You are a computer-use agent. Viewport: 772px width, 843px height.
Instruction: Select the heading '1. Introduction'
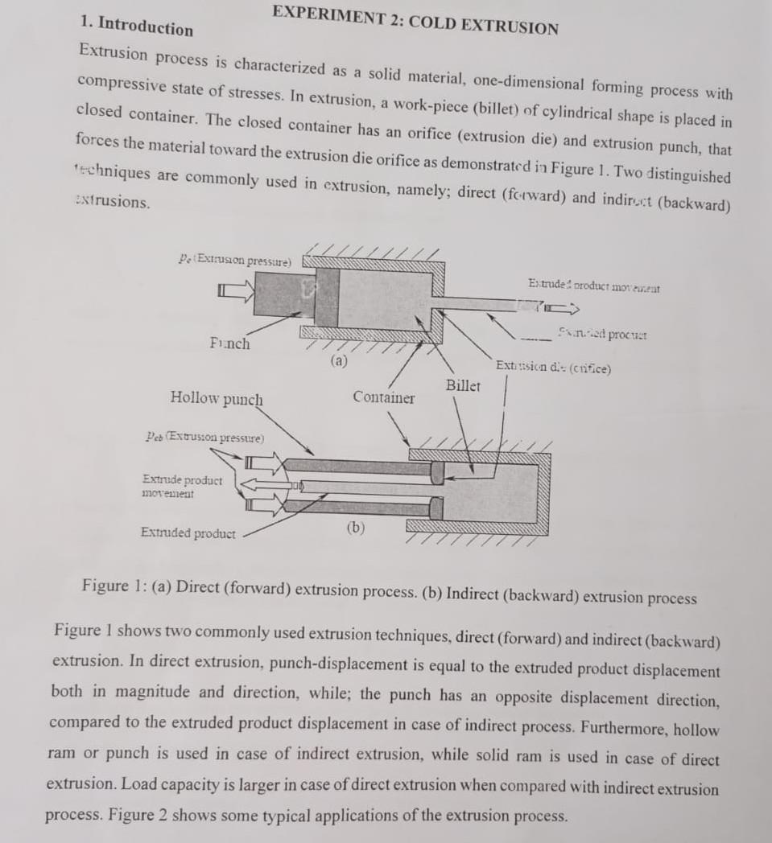click(137, 27)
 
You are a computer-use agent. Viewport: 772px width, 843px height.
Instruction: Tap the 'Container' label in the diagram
click(384, 397)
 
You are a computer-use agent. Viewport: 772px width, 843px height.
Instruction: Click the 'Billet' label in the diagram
click(463, 385)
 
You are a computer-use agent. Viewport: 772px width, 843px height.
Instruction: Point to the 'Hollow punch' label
click(217, 398)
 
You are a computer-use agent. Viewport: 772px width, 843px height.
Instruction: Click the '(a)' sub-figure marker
click(339, 361)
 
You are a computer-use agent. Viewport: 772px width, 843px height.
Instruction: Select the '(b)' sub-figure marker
click(355, 528)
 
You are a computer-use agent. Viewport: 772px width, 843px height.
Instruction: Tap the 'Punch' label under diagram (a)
click(229, 343)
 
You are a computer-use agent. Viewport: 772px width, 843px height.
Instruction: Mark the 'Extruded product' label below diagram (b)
click(188, 533)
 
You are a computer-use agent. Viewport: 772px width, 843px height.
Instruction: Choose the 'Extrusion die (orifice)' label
click(553, 368)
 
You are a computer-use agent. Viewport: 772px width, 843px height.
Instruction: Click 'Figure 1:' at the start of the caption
click(112, 585)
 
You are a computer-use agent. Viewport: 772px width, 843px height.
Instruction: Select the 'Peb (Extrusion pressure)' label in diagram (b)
click(204, 438)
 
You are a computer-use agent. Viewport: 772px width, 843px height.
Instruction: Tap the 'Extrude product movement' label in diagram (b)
click(181, 487)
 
